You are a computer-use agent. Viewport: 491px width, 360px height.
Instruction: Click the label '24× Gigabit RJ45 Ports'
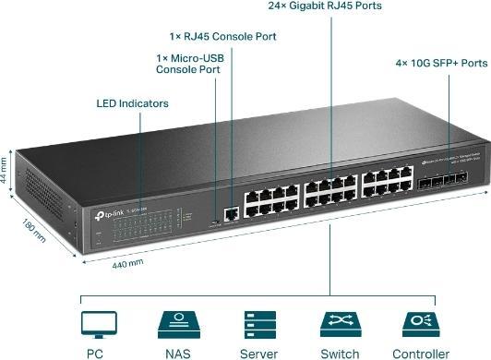click(326, 6)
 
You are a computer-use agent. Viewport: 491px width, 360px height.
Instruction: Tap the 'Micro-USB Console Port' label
click(189, 63)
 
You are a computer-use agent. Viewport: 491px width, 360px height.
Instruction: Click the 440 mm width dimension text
click(126, 263)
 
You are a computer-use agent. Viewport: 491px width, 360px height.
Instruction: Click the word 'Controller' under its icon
click(421, 353)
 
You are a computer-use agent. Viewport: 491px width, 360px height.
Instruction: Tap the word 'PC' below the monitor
click(94, 353)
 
